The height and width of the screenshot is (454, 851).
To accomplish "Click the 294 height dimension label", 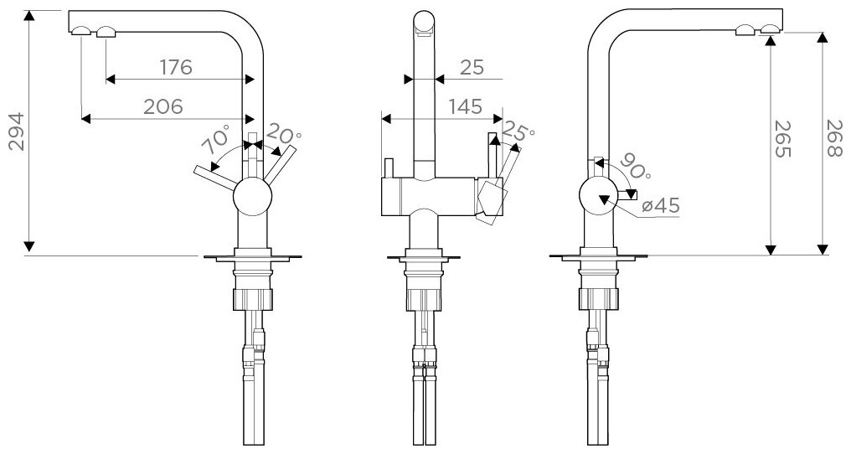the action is (x=17, y=132).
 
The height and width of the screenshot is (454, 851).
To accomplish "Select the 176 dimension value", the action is (x=177, y=67).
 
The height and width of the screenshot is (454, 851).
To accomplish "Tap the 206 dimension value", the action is (x=163, y=106).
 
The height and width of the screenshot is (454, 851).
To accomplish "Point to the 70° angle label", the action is (x=215, y=139).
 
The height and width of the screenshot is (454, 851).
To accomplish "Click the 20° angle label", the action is (x=283, y=133).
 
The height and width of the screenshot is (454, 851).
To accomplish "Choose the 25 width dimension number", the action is (x=472, y=67).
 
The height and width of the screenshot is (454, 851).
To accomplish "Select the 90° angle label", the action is (x=634, y=167).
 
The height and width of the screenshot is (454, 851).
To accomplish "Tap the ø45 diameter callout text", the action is (x=660, y=206).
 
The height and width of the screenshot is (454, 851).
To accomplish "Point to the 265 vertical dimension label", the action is (x=782, y=138).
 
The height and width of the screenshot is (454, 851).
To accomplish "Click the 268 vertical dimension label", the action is (x=834, y=138).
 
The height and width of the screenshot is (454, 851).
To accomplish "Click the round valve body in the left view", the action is (x=252, y=196).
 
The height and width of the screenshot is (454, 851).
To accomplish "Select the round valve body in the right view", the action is (x=598, y=196).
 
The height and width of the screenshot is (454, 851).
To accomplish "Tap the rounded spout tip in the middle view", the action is (x=424, y=23).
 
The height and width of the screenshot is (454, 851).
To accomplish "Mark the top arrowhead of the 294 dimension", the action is (x=29, y=16).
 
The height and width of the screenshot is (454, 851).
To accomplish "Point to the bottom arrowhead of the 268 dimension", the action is (x=823, y=250).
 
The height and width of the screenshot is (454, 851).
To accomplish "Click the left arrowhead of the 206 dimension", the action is (x=86, y=119).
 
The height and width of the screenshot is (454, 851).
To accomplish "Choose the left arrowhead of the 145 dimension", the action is (x=386, y=118).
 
